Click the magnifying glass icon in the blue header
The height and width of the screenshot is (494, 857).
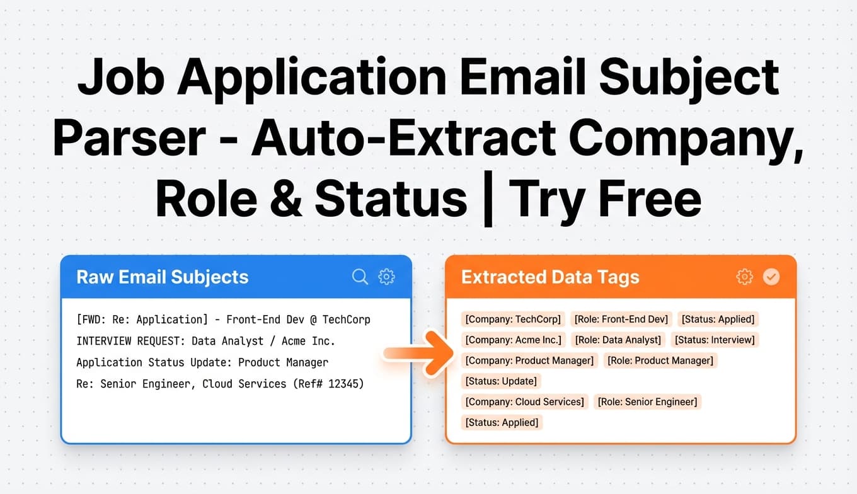click(360, 277)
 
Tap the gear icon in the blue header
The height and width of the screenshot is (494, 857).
click(386, 277)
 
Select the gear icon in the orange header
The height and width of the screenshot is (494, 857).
click(744, 277)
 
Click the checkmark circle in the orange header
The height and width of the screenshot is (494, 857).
click(771, 277)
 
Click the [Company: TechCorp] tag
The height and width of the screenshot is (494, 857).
click(512, 319)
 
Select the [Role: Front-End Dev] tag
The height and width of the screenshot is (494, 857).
click(621, 319)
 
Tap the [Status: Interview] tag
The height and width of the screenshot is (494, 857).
click(715, 340)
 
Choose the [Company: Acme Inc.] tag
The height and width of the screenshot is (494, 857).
click(512, 340)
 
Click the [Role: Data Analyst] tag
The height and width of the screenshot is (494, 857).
click(618, 340)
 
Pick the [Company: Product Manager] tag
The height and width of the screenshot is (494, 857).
click(529, 360)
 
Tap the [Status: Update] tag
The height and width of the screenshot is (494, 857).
click(501, 381)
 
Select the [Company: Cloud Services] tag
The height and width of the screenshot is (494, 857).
click(524, 401)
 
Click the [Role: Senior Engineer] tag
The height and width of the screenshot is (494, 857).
click(647, 401)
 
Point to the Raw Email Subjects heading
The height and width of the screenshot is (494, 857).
click(163, 277)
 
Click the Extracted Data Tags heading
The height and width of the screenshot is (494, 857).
click(550, 277)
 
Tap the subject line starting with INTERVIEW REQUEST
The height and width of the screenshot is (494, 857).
click(205, 341)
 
